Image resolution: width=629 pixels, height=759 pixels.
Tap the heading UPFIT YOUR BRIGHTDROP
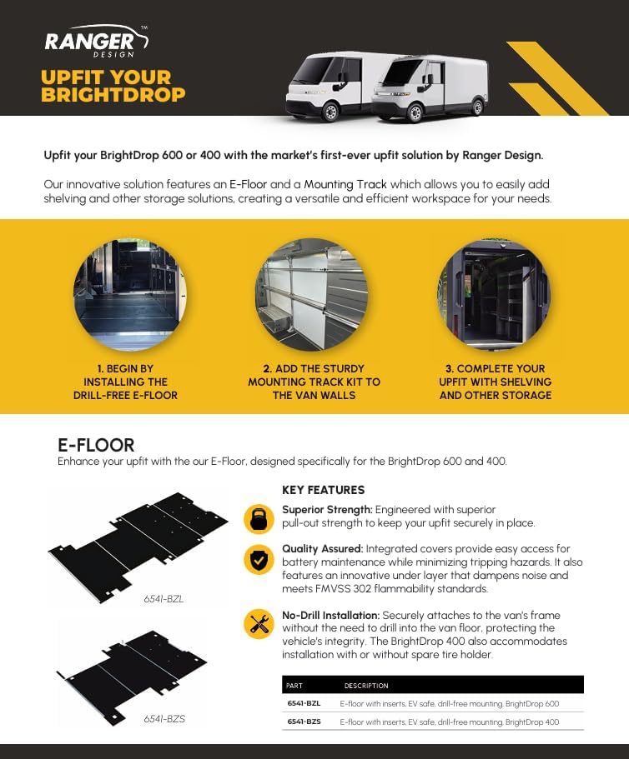[x=113, y=86]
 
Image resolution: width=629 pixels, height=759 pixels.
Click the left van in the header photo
[x=330, y=83]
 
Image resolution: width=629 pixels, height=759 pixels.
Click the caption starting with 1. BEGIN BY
[x=125, y=382]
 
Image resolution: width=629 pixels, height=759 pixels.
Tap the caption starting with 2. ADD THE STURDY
[x=314, y=382]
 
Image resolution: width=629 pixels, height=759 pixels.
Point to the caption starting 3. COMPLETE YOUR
[x=496, y=382]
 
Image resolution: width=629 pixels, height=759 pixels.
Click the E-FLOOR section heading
[x=96, y=446]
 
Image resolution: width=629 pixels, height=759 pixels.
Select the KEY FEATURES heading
[x=323, y=490]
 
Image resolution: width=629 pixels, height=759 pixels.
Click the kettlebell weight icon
[x=259, y=518]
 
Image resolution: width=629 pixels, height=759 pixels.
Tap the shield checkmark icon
[x=259, y=559]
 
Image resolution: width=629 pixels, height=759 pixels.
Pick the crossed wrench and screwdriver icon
[x=259, y=623]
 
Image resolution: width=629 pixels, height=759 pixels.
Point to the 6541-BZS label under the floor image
[x=164, y=717]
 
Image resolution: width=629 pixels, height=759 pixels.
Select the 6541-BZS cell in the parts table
[x=304, y=722]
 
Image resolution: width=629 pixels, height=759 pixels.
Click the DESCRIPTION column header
[x=366, y=686]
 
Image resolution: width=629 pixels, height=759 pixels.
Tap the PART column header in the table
[x=294, y=686]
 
